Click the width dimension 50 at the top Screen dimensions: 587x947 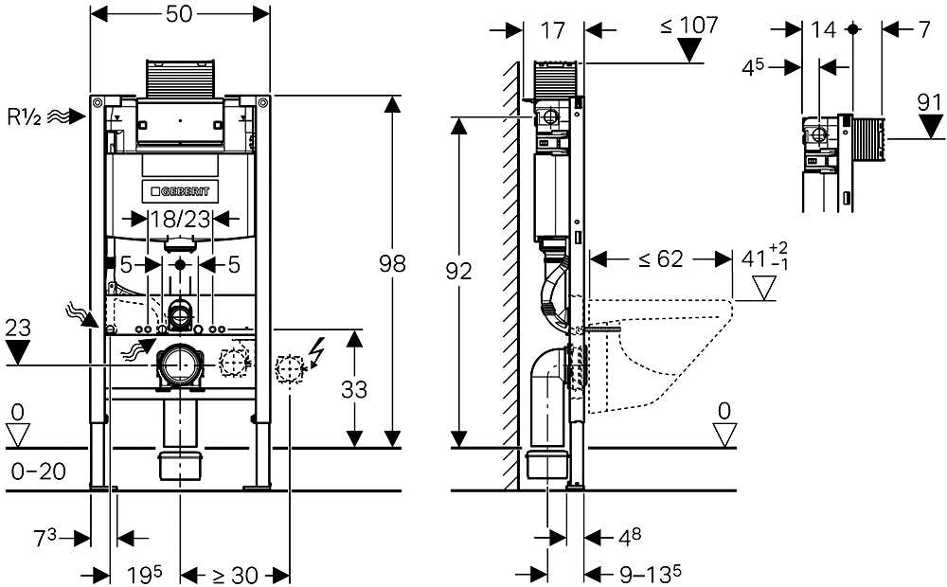point(179,15)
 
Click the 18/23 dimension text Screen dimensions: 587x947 point(180,221)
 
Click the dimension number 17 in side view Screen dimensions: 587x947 point(553,30)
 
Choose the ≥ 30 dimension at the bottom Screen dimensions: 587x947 point(233,575)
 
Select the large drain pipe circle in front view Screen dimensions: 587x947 point(179,365)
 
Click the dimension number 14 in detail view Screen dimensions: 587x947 point(824,30)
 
